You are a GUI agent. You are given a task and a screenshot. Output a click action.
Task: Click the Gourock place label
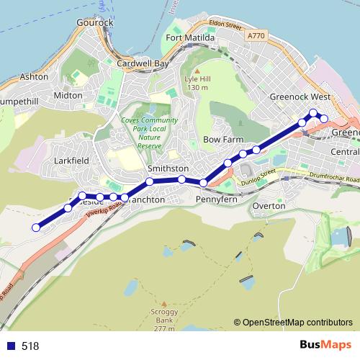95,22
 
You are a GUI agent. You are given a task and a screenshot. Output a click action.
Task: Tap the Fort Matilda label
189,37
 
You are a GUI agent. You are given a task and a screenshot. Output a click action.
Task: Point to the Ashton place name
35,76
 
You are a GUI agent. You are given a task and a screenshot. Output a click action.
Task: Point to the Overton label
269,206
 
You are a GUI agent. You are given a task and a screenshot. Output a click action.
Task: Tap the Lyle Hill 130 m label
196,83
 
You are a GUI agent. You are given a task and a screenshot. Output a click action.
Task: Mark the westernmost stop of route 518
36,228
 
